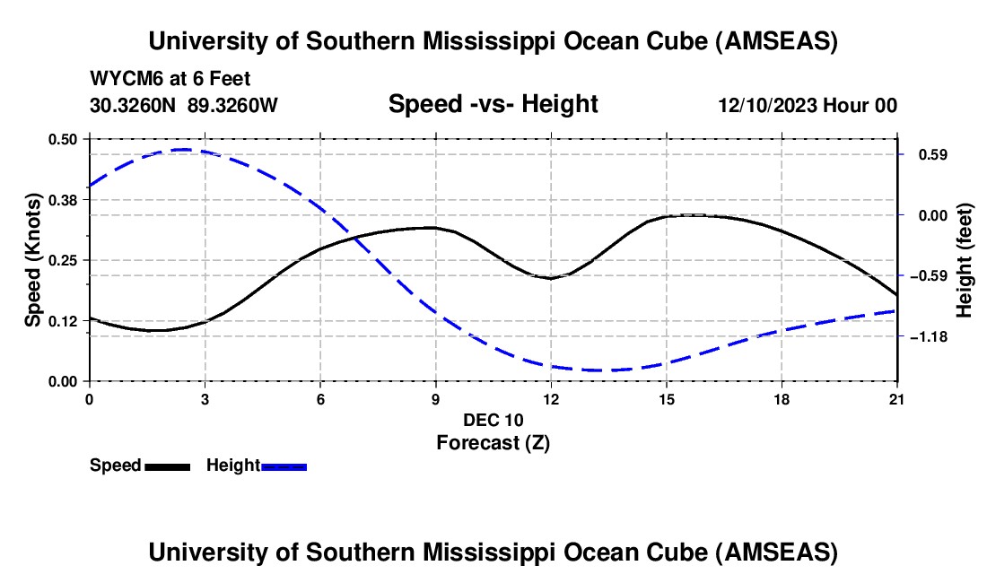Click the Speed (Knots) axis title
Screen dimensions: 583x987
tap(33, 260)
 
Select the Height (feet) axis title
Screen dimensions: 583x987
tap(965, 260)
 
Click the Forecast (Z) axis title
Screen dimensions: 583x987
tap(493, 442)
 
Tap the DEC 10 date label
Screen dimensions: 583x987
tap(493, 420)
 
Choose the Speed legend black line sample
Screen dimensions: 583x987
tap(167, 466)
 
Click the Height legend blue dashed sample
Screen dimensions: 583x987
tap(284, 466)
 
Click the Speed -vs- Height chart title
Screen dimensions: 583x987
tap(493, 104)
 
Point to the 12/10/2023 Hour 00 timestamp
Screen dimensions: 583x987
tap(808, 106)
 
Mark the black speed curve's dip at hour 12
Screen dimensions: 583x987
tap(550, 278)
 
